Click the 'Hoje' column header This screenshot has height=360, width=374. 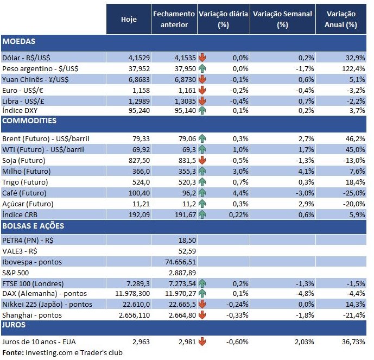129,20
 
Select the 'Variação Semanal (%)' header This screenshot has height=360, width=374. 282,20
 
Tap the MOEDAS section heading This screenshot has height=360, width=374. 19,41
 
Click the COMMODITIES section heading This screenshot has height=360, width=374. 29,121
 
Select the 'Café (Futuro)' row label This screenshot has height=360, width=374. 24,193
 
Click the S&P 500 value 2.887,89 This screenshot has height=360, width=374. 182,272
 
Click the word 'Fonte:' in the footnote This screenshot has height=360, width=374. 12,353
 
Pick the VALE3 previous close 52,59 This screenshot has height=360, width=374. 185,251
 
